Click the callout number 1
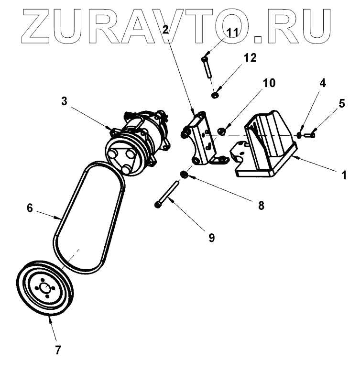point(343,175)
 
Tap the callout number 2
point(166,30)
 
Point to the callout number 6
point(29,208)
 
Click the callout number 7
point(58,350)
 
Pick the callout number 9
point(211,236)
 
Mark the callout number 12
point(250,58)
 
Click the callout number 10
point(269,83)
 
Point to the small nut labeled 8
point(183,173)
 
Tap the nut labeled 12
point(215,95)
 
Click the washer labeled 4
point(299,135)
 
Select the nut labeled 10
point(222,131)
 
